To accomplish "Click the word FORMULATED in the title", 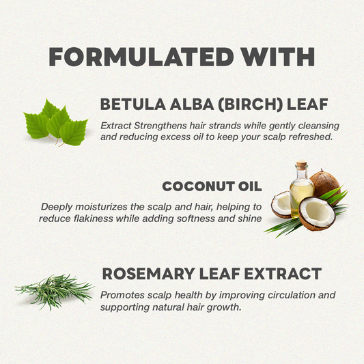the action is tap(141, 57).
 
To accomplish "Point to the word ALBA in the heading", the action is tap(192, 104).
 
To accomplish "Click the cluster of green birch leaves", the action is tap(56, 123).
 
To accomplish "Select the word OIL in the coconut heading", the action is tap(250, 186).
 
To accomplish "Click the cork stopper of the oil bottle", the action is tap(302, 164).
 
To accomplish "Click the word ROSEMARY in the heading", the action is tap(149, 274).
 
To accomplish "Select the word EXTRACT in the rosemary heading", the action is tap(283, 274).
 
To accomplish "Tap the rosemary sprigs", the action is tap(54, 292).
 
